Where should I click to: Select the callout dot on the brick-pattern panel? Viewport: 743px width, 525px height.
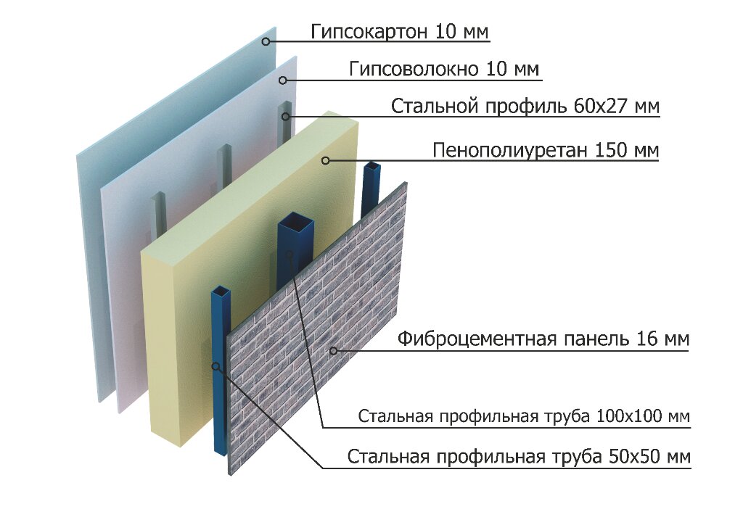point(333,351)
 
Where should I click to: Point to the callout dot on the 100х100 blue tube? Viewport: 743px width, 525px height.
point(290,254)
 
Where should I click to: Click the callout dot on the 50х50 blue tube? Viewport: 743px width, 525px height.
point(215,366)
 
